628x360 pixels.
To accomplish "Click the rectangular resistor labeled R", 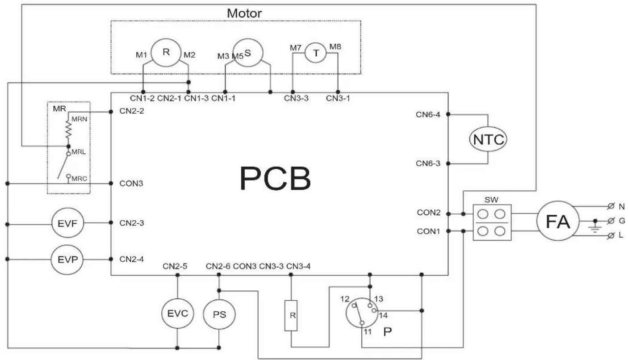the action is (x=291, y=316).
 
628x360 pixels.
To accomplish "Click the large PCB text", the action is (x=275, y=179).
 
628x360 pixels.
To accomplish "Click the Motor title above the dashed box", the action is (x=244, y=13).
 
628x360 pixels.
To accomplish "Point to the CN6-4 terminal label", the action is (x=428, y=114).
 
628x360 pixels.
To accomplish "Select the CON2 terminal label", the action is (x=429, y=213).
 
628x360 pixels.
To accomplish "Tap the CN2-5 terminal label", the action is (x=175, y=266).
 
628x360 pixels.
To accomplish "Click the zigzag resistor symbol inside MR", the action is (x=68, y=130).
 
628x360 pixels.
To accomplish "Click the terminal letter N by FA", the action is (x=622, y=207).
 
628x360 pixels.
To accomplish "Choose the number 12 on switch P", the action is (x=345, y=299).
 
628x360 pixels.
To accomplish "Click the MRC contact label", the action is (x=80, y=179).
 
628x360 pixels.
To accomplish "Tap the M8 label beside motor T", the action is (x=335, y=46).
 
